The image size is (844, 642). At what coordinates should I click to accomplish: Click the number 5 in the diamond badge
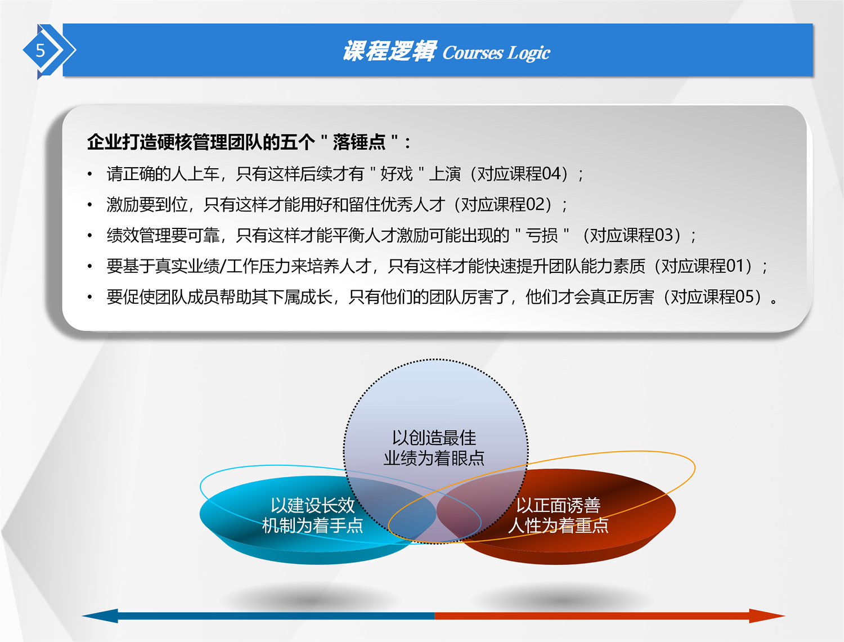41,51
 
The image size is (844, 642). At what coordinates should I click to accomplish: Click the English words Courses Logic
496,53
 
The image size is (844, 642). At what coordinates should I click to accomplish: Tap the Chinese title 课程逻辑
389,51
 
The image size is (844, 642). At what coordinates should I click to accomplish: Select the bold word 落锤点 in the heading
359,142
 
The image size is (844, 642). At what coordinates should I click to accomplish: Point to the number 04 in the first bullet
551,174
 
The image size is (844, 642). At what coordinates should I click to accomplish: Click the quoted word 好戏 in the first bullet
397,174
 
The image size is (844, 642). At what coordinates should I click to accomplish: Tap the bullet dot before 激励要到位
89,204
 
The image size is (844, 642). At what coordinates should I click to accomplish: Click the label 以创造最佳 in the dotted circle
434,438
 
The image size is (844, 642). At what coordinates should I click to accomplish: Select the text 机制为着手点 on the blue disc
313,525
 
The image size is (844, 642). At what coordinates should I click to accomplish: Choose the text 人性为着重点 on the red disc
558,525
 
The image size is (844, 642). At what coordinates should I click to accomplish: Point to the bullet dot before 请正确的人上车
89,174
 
